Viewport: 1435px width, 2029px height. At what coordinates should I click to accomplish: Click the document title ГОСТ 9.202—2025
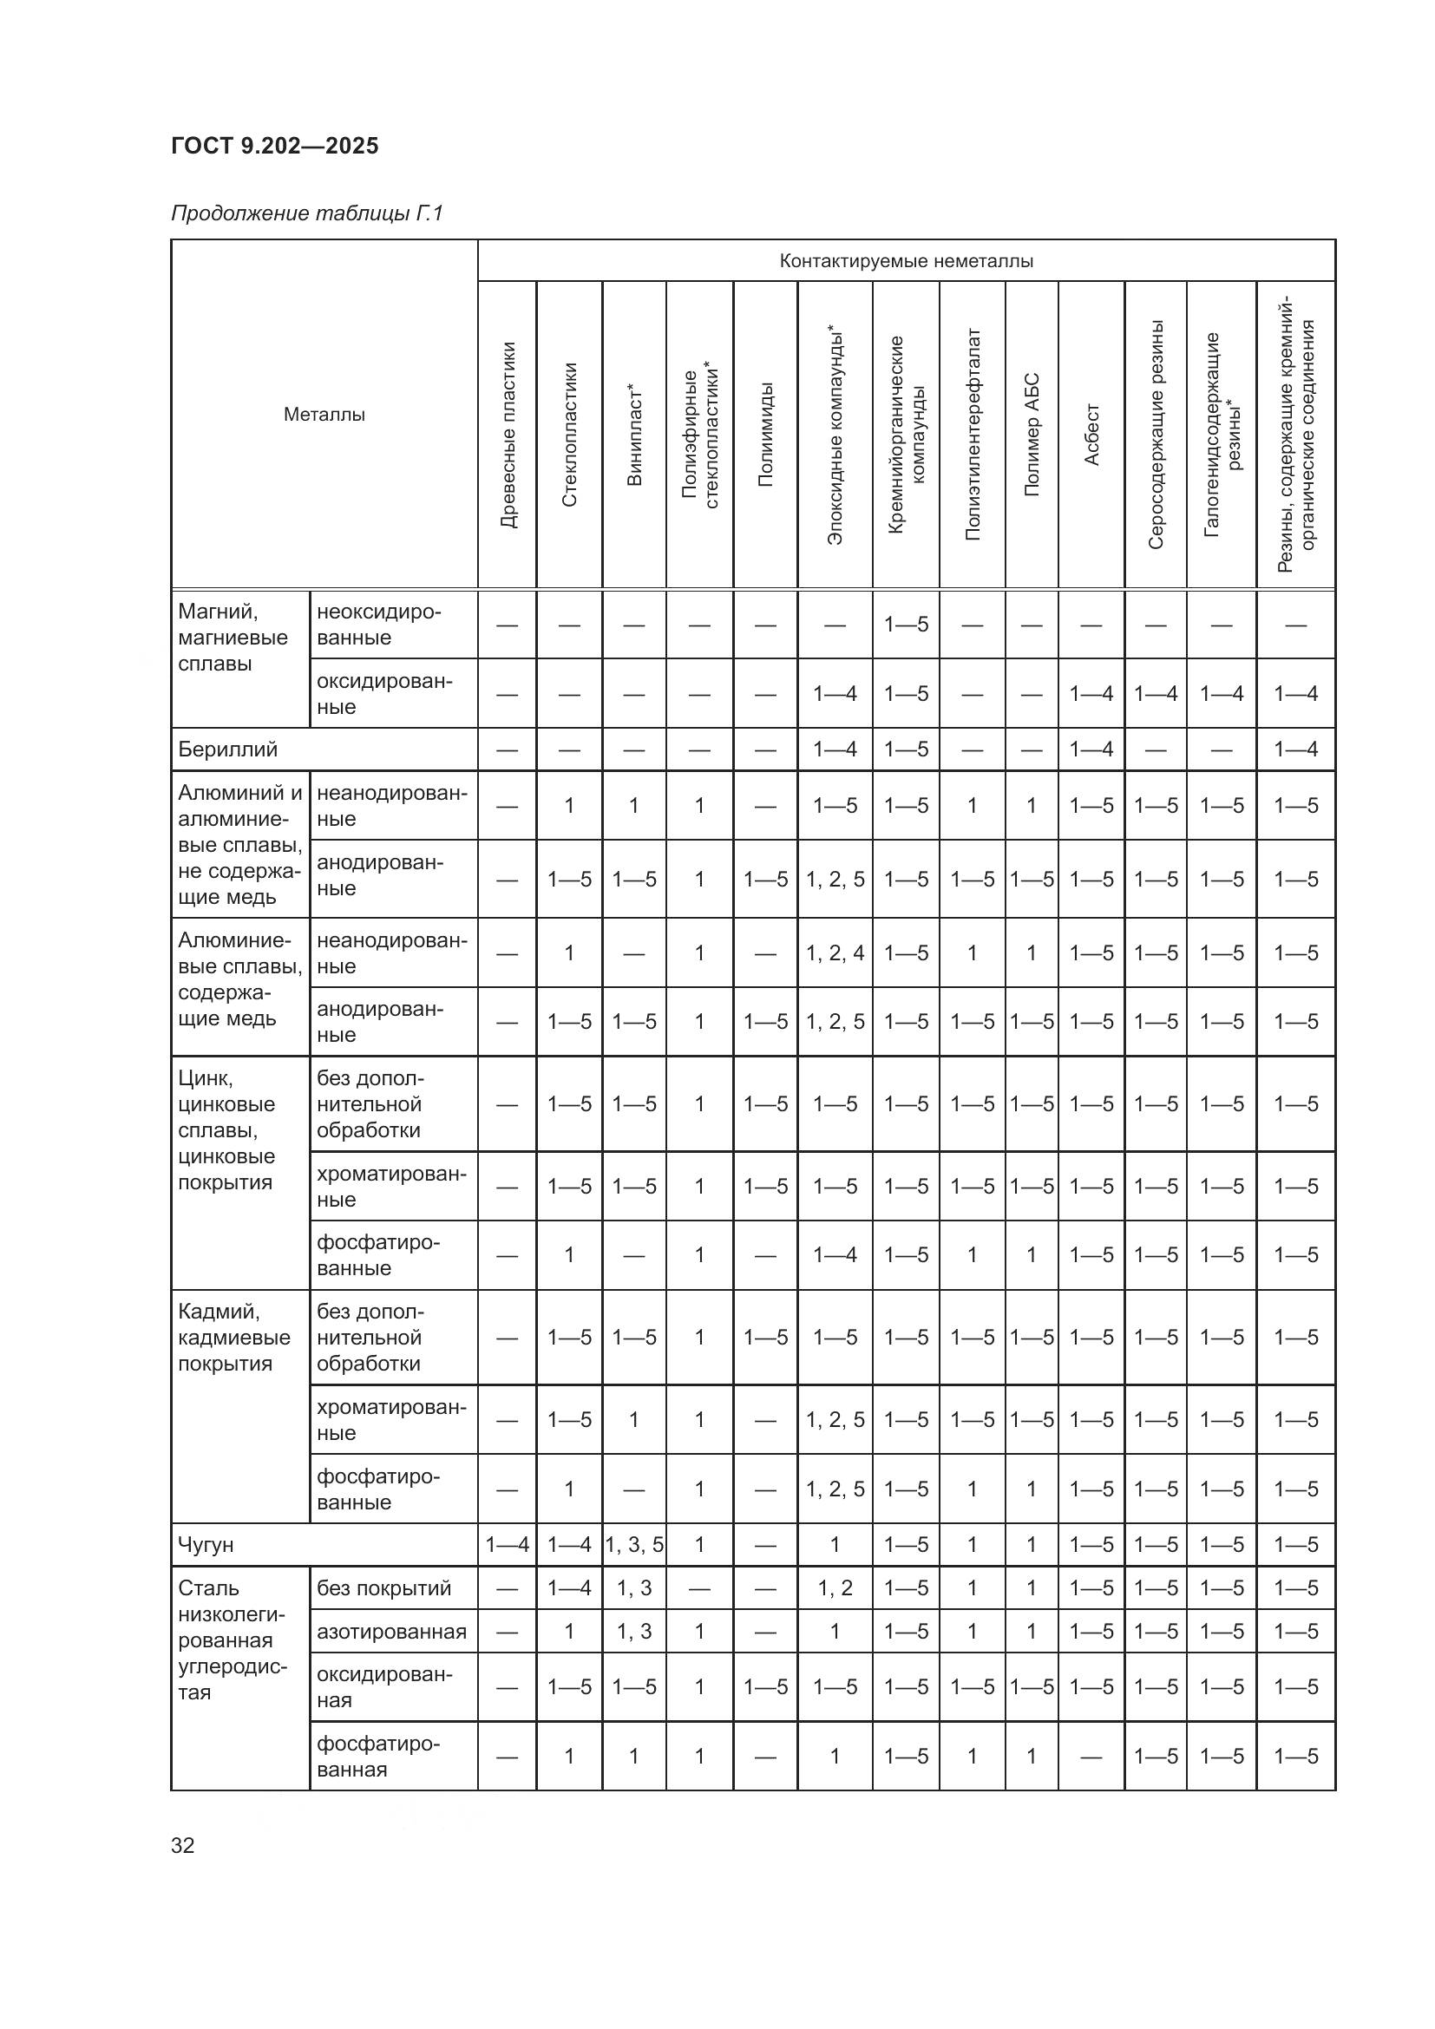click(x=275, y=146)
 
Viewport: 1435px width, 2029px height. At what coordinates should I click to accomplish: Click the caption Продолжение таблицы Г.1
click(x=305, y=214)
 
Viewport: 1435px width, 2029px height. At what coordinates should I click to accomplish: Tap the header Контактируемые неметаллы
click(x=906, y=261)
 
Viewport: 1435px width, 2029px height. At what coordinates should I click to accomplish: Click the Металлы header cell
click(x=324, y=415)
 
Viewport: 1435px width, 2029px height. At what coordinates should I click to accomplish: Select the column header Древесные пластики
click(x=508, y=435)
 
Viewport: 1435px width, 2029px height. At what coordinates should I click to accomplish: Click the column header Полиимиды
click(x=766, y=435)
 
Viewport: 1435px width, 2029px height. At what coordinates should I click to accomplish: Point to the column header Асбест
click(x=1091, y=435)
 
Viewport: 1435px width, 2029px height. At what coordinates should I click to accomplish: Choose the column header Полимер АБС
click(x=1032, y=435)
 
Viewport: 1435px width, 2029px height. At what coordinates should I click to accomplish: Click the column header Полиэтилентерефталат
click(x=972, y=435)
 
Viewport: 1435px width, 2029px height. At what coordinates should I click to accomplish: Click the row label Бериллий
click(x=228, y=749)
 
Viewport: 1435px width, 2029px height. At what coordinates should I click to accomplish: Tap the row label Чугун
click(x=206, y=1545)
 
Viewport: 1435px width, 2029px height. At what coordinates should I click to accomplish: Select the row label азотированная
click(x=391, y=1632)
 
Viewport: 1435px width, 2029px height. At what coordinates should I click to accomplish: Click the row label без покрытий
click(x=383, y=1588)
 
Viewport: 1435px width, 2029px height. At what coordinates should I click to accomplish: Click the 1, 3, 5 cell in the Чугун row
click(x=634, y=1545)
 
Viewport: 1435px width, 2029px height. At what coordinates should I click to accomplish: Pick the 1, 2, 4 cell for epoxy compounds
click(x=835, y=952)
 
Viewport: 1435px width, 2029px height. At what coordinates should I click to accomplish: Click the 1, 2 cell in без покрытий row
click(x=835, y=1588)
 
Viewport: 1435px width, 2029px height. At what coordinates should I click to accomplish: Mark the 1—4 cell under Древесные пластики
click(x=508, y=1545)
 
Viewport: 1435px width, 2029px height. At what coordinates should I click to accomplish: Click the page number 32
click(x=183, y=1845)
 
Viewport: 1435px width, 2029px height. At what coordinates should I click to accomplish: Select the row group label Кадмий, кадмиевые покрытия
click(x=233, y=1337)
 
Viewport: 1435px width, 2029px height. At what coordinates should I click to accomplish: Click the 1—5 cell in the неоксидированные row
click(x=906, y=625)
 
